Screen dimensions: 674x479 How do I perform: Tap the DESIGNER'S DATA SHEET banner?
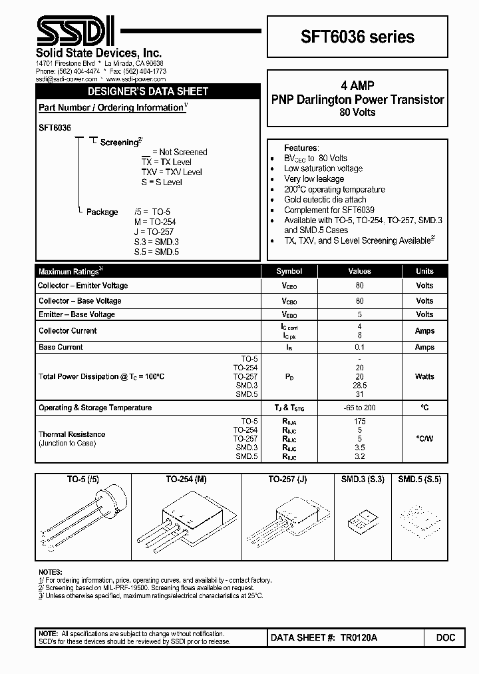pos(148,91)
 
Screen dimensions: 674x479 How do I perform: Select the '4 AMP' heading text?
pos(358,86)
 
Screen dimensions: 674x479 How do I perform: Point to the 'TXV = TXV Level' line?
pos(172,172)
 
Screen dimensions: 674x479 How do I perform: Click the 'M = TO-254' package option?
pos(155,222)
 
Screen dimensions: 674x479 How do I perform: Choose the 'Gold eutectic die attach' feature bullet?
pos(325,199)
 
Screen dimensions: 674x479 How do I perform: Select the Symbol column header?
pos(289,271)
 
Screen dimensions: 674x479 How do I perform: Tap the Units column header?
pos(424,271)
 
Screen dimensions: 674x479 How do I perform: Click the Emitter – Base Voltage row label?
pos(77,314)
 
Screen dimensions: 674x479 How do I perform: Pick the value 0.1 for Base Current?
pos(359,347)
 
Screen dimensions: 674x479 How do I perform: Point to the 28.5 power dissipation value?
pos(359,386)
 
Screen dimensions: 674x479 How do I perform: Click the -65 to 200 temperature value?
pos(359,408)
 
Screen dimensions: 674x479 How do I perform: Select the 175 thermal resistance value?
pos(359,421)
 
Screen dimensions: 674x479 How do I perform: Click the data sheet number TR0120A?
pos(359,638)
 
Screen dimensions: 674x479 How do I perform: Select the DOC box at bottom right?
pos(446,638)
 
